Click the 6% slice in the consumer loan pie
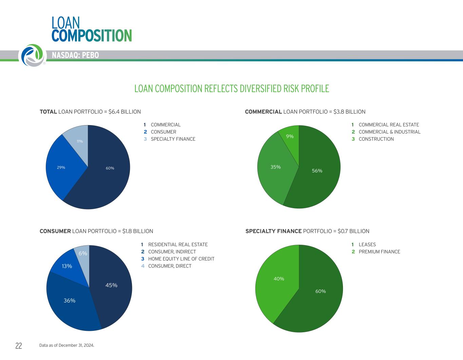(x=83, y=254)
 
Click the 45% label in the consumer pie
(x=111, y=285)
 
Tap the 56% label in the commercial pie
(x=317, y=171)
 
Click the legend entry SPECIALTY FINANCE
(x=173, y=139)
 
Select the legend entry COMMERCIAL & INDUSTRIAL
(x=389, y=132)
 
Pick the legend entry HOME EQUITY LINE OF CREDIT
(x=181, y=259)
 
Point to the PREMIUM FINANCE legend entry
(x=379, y=252)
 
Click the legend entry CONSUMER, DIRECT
(x=170, y=266)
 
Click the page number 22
(x=19, y=346)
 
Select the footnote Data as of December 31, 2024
(x=67, y=345)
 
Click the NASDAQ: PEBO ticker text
(x=75, y=55)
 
